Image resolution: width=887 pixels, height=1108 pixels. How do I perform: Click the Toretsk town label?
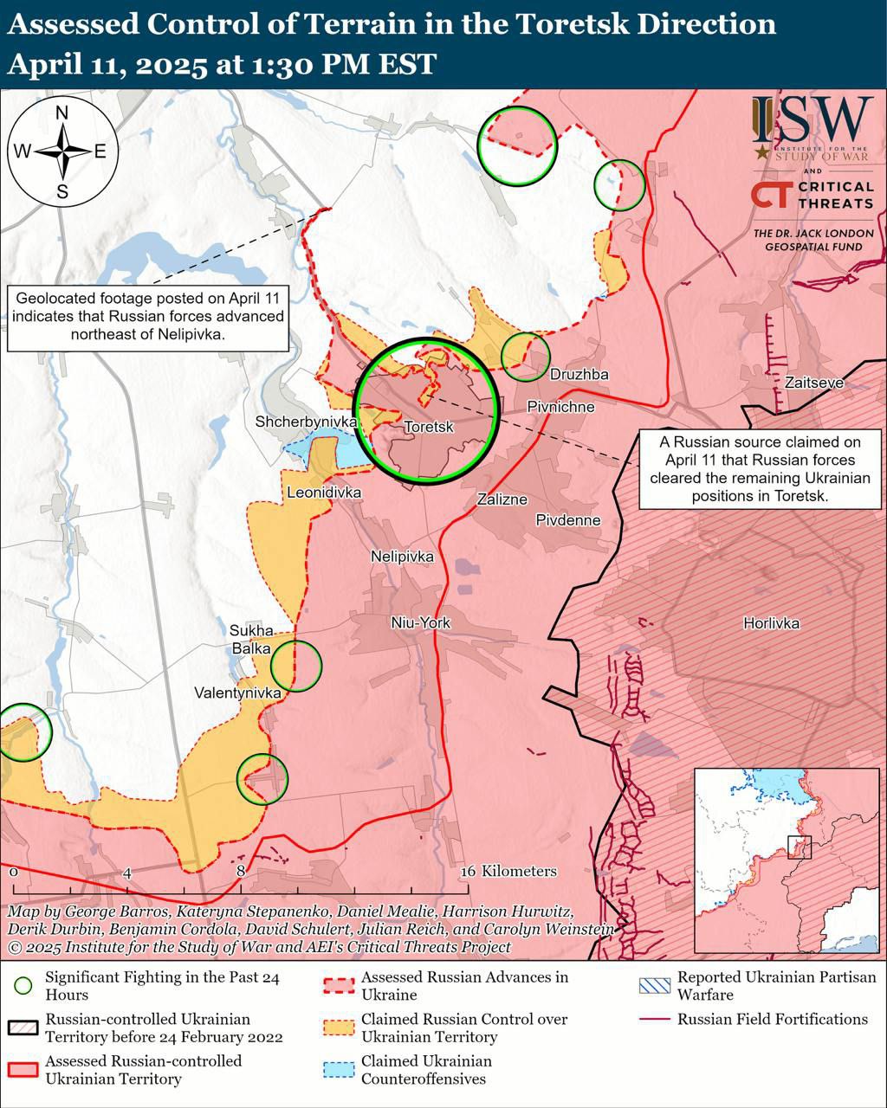[429, 427]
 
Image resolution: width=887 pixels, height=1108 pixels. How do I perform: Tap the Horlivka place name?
[771, 622]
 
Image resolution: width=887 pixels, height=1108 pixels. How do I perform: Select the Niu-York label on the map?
[420, 622]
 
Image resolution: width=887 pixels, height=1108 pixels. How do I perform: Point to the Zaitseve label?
[813, 382]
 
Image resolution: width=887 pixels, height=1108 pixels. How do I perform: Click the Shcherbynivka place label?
[307, 422]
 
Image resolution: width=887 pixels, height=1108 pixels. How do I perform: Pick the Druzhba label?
[579, 375]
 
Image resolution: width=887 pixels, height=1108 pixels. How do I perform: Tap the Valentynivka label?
[237, 693]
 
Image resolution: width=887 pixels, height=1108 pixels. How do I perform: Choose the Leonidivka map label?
[324, 493]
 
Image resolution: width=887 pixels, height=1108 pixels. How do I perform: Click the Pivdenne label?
[567, 520]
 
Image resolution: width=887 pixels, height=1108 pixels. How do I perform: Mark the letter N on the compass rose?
[62, 113]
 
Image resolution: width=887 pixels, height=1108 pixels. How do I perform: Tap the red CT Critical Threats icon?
[770, 195]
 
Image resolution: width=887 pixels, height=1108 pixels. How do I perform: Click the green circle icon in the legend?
[23, 986]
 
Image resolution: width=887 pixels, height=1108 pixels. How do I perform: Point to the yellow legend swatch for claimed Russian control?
[339, 1027]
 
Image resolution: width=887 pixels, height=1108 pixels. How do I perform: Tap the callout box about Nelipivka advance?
[147, 317]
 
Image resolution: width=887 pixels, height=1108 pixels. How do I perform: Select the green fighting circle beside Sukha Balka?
[296, 665]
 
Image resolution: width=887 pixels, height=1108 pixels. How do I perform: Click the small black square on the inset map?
[800, 847]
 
